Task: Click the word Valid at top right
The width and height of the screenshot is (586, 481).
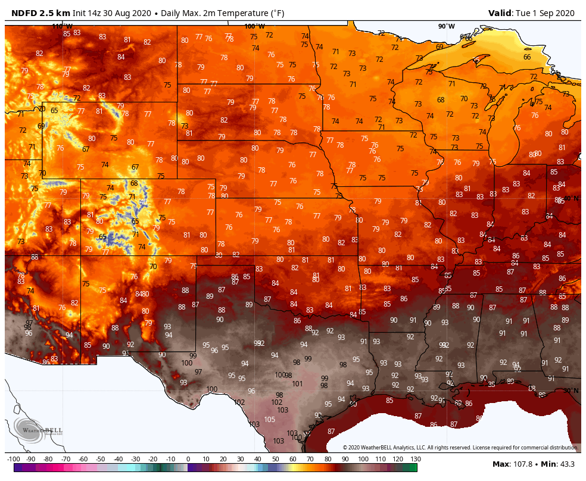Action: (x=498, y=13)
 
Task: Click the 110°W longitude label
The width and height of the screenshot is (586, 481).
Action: (x=62, y=26)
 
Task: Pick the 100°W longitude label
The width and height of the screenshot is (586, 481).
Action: (x=254, y=26)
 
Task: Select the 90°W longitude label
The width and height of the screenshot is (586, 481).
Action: (x=446, y=26)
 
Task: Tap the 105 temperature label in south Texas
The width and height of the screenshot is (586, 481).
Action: (x=270, y=420)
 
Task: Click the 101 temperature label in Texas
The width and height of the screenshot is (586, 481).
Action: (x=298, y=384)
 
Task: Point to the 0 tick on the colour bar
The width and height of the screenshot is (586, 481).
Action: (x=188, y=459)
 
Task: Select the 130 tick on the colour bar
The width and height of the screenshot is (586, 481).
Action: (x=414, y=459)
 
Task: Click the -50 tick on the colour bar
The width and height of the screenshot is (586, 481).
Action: (x=101, y=459)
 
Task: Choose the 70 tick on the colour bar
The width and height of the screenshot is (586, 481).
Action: (x=310, y=459)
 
